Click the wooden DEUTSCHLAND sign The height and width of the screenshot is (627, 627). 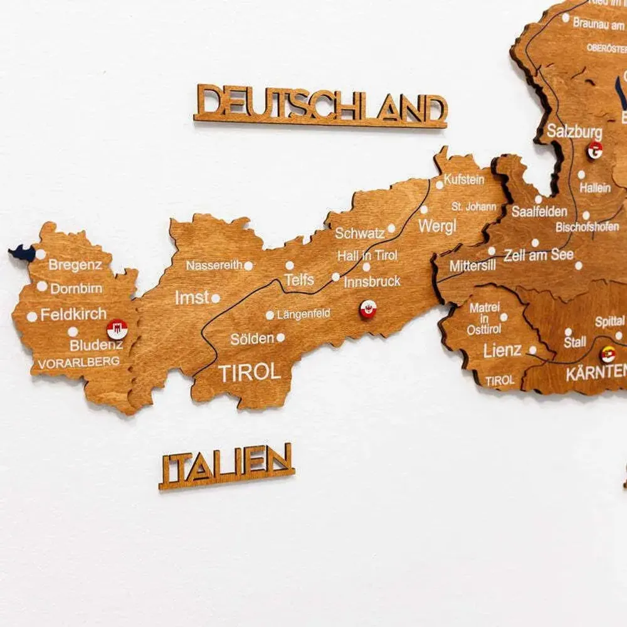pos(320,105)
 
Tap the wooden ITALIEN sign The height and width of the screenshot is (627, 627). pos(226,465)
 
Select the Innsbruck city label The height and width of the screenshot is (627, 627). pos(372,282)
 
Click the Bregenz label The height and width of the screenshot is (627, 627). pos(75,265)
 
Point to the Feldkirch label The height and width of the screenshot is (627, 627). pos(73,315)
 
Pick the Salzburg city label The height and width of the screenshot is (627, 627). pos(574,132)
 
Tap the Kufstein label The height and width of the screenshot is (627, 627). pos(464,179)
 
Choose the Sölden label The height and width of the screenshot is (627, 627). pos(252,339)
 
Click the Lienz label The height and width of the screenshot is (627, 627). pos(502,350)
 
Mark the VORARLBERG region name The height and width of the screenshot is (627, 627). pos(78,362)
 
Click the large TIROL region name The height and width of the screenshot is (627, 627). pos(250,372)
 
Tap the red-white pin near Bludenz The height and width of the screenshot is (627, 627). pos(117,329)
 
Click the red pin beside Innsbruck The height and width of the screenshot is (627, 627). pos(368,308)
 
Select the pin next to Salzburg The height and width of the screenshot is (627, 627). pos(594,150)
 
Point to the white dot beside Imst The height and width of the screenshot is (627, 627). pos(215,298)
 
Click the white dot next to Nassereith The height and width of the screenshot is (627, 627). pos(248,266)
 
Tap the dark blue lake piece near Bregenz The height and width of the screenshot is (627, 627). pos(23,253)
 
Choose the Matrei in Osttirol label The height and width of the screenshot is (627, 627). pos(484,318)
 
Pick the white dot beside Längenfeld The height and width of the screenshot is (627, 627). pos(270,315)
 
